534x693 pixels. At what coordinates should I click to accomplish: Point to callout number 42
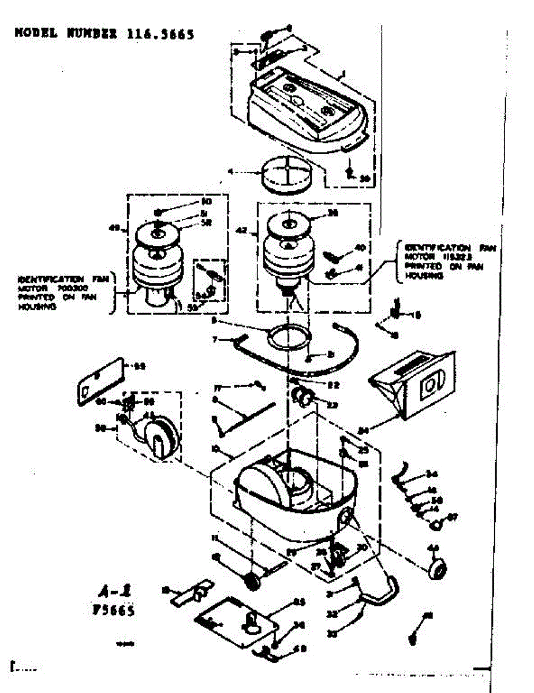click(242, 231)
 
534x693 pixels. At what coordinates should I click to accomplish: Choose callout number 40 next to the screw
click(359, 248)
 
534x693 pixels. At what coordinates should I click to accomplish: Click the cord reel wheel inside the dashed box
click(160, 437)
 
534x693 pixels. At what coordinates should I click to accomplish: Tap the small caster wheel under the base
click(252, 580)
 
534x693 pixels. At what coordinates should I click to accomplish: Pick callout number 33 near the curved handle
click(333, 634)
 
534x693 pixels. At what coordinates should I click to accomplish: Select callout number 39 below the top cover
click(364, 178)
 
